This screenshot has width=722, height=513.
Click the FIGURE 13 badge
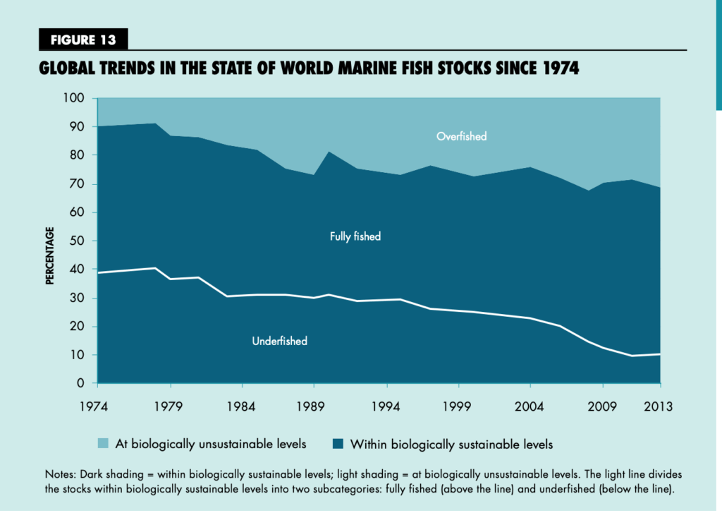click(83, 40)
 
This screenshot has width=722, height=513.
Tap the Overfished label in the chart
click(462, 136)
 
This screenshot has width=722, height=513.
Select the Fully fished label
click(355, 236)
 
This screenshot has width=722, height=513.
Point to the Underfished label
click(280, 341)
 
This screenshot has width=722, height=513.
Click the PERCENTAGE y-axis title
click(50, 255)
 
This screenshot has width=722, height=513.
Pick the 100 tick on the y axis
click(74, 98)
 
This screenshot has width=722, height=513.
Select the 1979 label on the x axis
click(170, 406)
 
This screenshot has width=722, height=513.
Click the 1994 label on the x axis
click(386, 406)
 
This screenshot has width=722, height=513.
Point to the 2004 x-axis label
click(530, 406)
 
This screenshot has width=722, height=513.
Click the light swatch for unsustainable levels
click(102, 444)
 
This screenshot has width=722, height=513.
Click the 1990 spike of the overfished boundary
click(329, 152)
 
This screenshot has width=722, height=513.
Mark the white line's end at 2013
click(660, 354)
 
